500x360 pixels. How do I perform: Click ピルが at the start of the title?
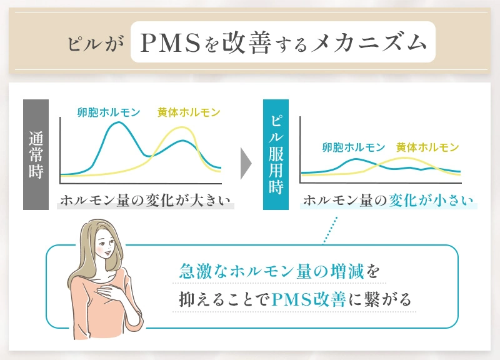point(96,44)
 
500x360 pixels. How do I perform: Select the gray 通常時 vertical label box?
point(36,154)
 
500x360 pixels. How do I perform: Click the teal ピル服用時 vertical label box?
point(276,154)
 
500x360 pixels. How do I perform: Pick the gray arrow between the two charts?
point(246,164)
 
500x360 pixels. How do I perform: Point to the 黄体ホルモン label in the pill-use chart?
point(427,147)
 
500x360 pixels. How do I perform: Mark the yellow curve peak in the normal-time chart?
point(182,129)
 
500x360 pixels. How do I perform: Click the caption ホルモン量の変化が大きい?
point(145,201)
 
